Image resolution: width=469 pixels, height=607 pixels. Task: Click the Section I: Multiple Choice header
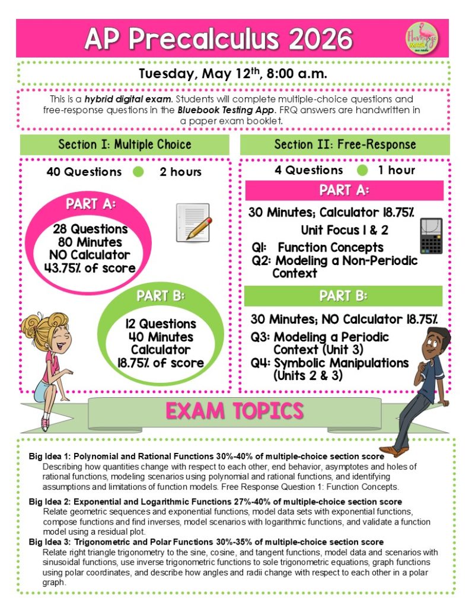coord(125,145)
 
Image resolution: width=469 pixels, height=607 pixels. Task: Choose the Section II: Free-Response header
coord(345,145)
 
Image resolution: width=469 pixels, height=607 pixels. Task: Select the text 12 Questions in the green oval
coord(160,324)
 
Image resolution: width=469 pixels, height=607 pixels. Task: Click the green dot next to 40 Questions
coord(139,172)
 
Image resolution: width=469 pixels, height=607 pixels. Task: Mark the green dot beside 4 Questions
coord(363,171)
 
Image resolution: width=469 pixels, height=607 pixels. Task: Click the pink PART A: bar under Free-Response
coord(344,191)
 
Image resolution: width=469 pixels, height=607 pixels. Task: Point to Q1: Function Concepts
coord(318,248)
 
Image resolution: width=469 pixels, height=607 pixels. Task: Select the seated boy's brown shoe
coord(394,450)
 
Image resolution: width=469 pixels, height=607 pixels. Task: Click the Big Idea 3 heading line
coord(206,542)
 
